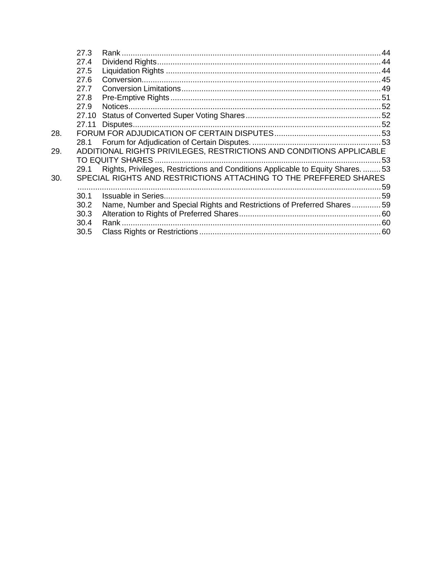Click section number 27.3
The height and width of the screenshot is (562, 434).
(x=84, y=53)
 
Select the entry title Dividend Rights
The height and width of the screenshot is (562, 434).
(x=129, y=62)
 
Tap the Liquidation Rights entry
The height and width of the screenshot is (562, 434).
(x=133, y=71)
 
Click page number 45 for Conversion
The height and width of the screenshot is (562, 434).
(x=386, y=80)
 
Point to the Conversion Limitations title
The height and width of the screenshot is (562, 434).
(x=141, y=89)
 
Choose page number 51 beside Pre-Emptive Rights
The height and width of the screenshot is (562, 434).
(x=386, y=98)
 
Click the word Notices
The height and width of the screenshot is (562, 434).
(x=115, y=107)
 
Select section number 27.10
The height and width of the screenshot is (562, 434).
(x=86, y=116)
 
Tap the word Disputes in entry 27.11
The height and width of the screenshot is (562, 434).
(x=117, y=124)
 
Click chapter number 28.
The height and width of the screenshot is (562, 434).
(x=56, y=133)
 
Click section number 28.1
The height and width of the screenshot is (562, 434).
(x=84, y=142)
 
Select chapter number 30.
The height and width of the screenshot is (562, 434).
(x=56, y=178)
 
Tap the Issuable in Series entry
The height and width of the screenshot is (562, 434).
(x=133, y=196)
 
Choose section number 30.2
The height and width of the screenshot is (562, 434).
(x=84, y=205)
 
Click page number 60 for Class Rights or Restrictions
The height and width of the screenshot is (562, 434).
(x=386, y=232)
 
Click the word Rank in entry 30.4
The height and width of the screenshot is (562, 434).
(x=111, y=223)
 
